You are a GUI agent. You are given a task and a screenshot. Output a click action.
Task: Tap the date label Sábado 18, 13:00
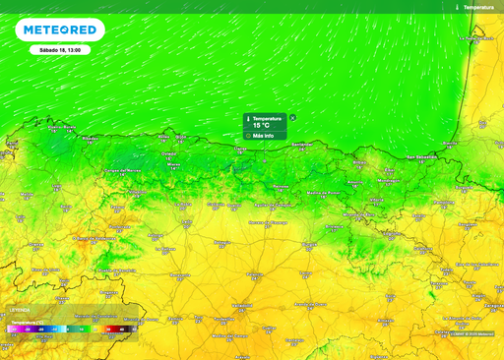tap(61, 49)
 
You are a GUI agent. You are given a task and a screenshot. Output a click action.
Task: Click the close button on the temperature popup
tap(292, 117)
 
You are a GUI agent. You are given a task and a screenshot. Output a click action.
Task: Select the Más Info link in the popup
tap(263, 135)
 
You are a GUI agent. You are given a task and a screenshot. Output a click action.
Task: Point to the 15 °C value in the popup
tap(262, 126)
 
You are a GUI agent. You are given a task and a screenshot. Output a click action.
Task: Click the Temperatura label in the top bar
tap(477, 7)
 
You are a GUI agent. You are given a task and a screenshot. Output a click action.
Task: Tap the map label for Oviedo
tap(168, 153)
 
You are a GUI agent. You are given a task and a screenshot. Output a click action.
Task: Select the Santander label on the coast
tap(301, 144)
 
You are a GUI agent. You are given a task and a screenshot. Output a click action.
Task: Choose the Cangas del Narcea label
tap(117, 170)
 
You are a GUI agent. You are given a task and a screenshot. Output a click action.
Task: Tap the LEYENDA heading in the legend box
tap(20, 309)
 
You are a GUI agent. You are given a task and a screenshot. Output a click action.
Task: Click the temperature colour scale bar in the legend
tap(69, 328)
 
